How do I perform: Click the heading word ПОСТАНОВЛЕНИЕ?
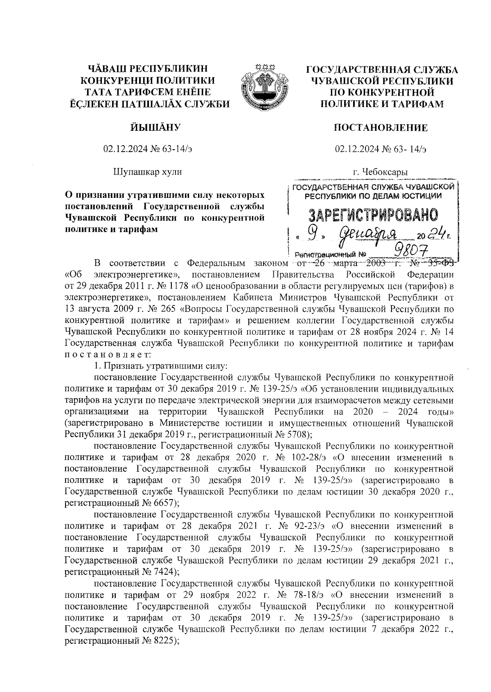coord(381,128)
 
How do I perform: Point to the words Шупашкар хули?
coord(147,172)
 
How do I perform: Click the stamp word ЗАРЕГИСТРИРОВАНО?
coord(372,215)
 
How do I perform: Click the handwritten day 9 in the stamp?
coord(312,234)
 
